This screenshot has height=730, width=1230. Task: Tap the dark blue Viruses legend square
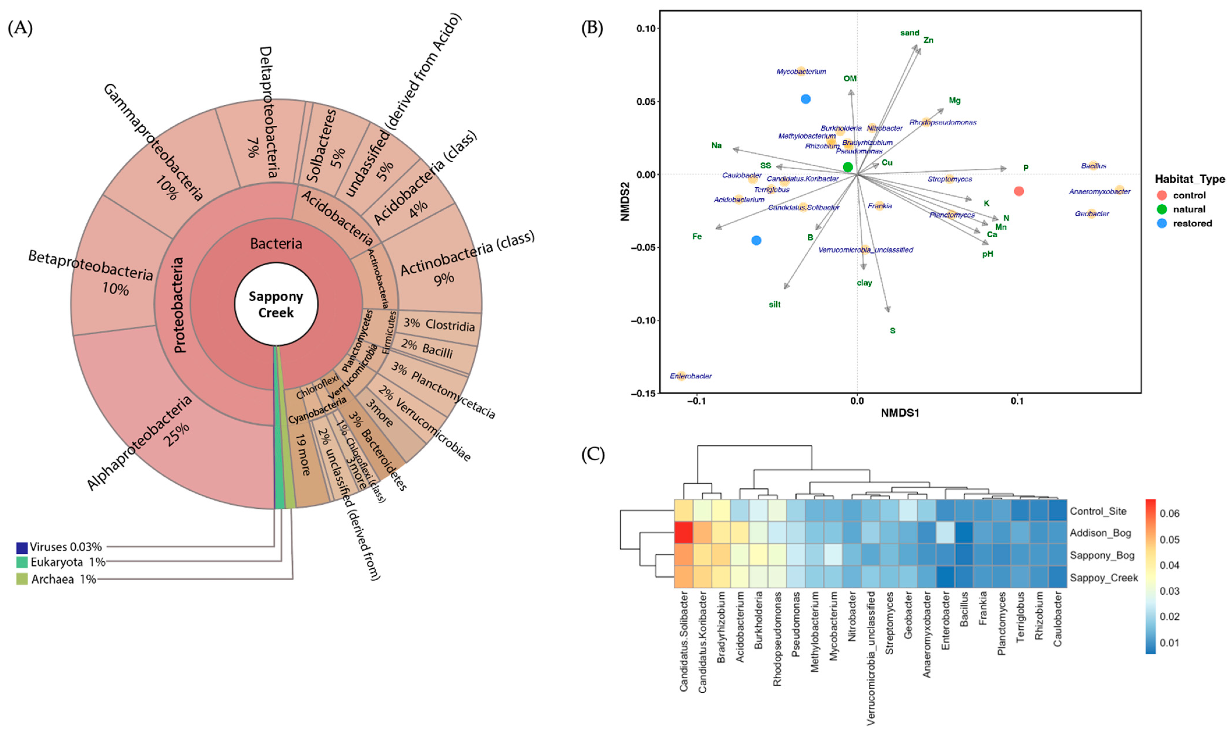point(22,547)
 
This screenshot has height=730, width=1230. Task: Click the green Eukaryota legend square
point(22,562)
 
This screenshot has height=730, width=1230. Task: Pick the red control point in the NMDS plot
point(1019,191)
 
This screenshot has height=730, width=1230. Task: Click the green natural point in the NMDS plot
point(848,167)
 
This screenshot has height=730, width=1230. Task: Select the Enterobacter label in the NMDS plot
point(691,376)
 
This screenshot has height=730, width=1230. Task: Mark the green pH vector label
point(987,254)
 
